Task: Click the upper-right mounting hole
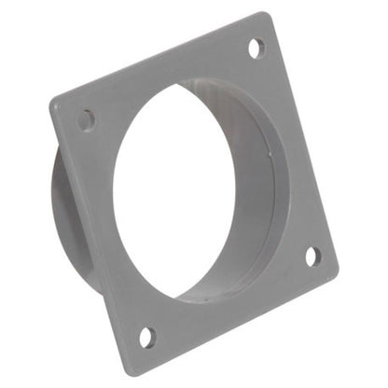pos(255,48)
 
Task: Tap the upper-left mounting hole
pos(86,119)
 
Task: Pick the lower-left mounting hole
pos(146,335)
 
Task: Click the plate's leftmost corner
pos(51,103)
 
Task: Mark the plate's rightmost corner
pos(337,270)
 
